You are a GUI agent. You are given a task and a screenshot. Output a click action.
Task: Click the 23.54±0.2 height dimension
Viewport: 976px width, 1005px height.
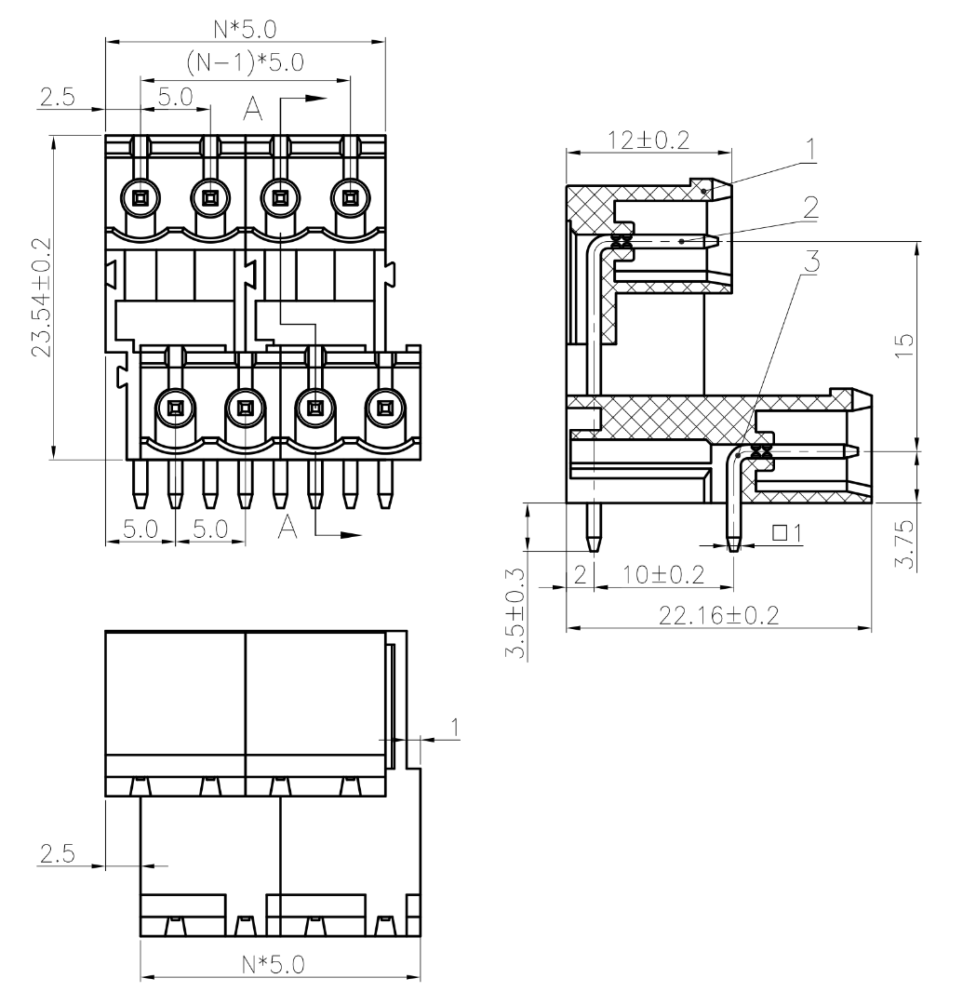(40, 298)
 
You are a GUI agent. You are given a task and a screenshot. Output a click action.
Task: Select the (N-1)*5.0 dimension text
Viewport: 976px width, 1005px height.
(245, 62)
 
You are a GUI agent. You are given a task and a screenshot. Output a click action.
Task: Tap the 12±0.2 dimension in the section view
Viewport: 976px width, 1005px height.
(648, 140)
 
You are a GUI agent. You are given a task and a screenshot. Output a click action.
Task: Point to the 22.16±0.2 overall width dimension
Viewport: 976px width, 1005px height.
(719, 616)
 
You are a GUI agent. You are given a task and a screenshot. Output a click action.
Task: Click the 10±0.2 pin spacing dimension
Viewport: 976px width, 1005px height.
(663, 574)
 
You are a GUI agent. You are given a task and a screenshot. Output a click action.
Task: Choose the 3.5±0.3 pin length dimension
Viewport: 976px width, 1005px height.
(515, 614)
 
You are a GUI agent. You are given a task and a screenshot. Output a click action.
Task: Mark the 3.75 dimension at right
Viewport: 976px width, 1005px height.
(903, 544)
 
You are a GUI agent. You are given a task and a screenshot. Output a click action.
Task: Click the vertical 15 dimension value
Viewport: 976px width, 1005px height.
(903, 346)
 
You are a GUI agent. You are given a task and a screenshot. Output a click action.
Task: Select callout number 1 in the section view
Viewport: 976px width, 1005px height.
(811, 149)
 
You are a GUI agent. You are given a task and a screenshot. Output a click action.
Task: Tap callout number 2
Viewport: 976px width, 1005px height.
(811, 208)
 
